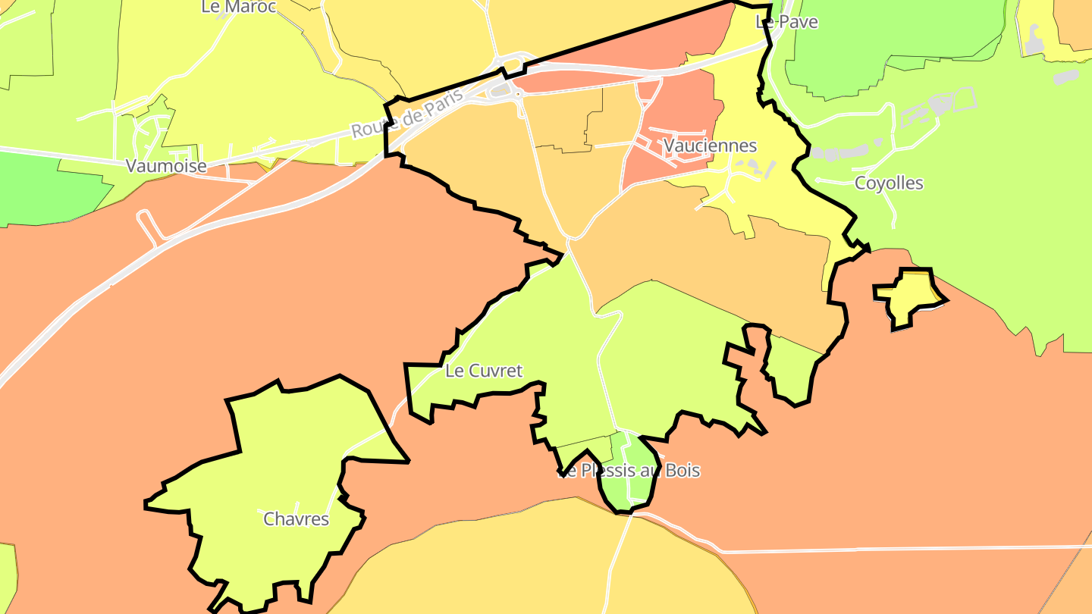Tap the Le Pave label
pos(787,22)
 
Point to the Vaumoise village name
pos(166,166)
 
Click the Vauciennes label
pos(710,145)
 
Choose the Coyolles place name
pos(889,183)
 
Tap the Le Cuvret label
pos(484,371)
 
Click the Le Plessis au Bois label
pos(629,471)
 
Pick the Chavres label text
pos(297,519)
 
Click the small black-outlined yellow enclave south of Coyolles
pos(910,296)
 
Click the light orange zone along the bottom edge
pos(531,561)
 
